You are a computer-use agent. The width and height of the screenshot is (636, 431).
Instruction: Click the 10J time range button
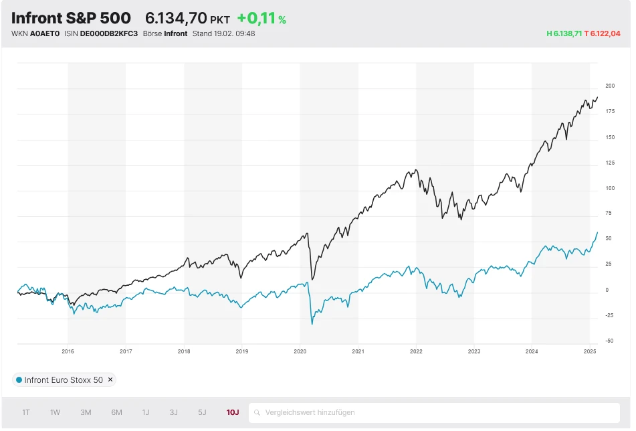point(233,412)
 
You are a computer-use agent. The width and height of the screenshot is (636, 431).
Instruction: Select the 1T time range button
point(26,412)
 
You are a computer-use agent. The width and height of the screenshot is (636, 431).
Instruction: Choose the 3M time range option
point(86,412)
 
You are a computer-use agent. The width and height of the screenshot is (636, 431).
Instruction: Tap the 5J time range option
point(202,412)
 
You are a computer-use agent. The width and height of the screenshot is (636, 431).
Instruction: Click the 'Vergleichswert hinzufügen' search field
point(435,412)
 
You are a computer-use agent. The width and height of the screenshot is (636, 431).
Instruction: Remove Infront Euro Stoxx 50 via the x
point(111,380)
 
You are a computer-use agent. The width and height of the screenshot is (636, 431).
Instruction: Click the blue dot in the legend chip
point(19,380)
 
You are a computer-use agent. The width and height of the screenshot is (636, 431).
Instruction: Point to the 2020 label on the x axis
point(300,351)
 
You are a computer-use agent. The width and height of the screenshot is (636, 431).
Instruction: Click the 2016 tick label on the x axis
point(68,351)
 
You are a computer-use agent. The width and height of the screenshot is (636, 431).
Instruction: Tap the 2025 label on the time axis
point(589,351)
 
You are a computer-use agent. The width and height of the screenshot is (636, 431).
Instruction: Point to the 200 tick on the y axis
point(610,86)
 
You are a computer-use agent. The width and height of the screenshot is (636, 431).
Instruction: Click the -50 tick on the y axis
point(609,341)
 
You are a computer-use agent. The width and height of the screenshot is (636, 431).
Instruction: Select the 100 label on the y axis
point(610,188)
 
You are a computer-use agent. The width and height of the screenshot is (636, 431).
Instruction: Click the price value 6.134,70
point(176,19)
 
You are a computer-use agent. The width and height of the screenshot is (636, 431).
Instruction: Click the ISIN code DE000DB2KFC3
point(108,33)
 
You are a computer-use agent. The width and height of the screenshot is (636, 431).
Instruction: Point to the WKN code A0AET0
point(45,33)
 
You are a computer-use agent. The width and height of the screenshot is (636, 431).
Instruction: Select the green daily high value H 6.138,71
point(564,33)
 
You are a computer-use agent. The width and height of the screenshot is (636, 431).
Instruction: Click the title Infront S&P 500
point(71,18)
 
